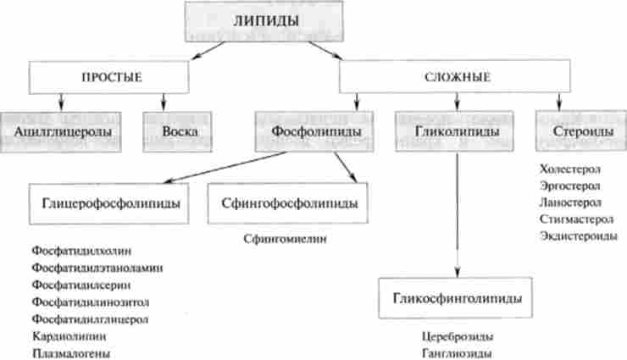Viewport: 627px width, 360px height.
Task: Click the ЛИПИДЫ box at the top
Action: click(x=264, y=20)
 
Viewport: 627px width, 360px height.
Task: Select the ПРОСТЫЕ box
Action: click(x=110, y=77)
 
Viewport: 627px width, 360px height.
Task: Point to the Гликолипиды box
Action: click(x=457, y=132)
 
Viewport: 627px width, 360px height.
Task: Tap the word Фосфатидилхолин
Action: click(x=81, y=252)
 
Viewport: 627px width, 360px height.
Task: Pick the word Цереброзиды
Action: click(x=457, y=337)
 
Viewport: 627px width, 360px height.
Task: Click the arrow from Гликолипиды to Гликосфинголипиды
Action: click(x=458, y=212)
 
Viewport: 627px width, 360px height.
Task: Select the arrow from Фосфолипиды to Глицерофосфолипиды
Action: click(x=220, y=167)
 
